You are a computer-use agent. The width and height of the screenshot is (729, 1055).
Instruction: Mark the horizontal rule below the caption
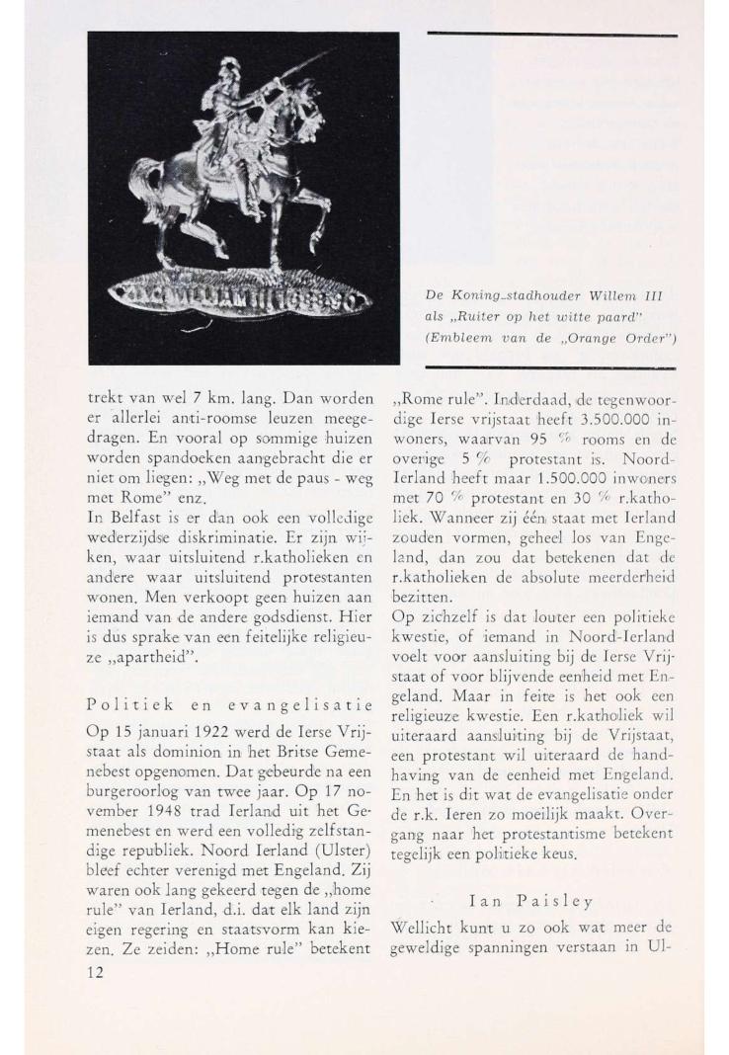click(552, 367)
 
